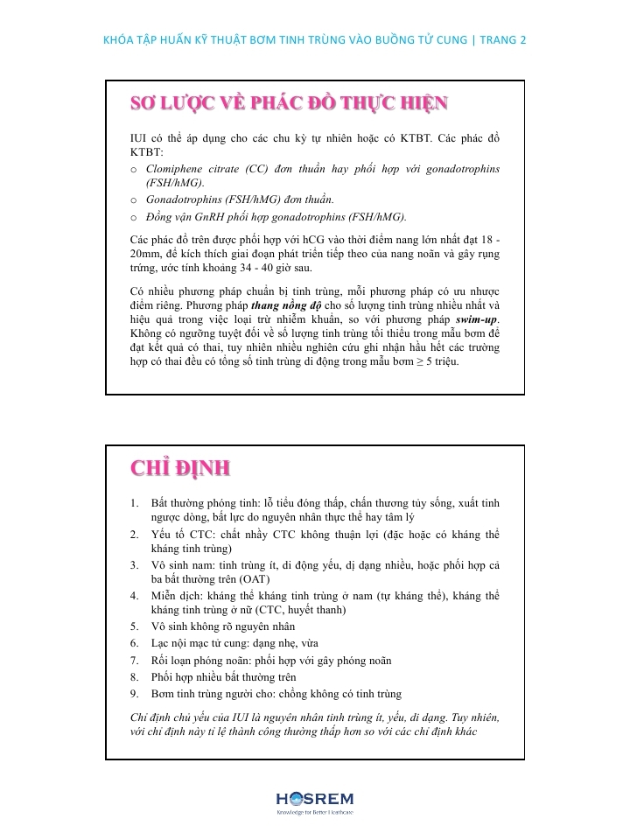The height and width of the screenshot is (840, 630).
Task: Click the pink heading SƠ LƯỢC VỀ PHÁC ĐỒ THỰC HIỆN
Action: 289,104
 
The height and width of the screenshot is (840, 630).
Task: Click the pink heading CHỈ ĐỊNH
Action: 180,468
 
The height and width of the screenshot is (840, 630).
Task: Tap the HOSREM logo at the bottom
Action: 314,800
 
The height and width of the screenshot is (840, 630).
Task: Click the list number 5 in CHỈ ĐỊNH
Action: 134,626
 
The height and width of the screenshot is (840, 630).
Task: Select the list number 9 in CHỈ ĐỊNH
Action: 134,693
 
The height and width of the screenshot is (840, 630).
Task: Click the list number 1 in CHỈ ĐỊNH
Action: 134,503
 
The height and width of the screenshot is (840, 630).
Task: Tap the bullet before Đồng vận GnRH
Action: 134,218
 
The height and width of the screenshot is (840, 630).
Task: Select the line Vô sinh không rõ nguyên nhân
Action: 223,626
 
